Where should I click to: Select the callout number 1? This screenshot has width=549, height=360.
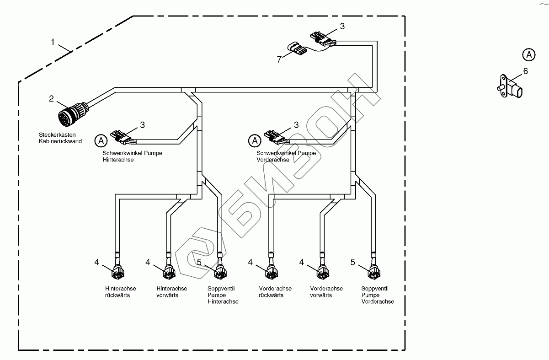pos(53,42)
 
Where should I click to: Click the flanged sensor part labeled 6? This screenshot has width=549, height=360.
pos(508,87)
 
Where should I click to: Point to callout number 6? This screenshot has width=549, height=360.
pos(525,71)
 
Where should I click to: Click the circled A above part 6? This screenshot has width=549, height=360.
pos(528,54)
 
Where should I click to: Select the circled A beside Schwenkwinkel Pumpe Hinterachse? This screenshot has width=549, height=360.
pos(101,140)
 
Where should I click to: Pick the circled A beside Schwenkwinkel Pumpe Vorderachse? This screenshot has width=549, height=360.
pos(255,140)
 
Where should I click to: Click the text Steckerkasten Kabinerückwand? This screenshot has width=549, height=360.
pos(60,138)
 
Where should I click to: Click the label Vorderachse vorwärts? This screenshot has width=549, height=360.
pos(326,292)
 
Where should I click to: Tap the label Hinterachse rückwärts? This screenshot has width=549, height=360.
pos(120,292)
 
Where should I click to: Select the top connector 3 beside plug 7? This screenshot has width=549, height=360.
pos(323,38)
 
